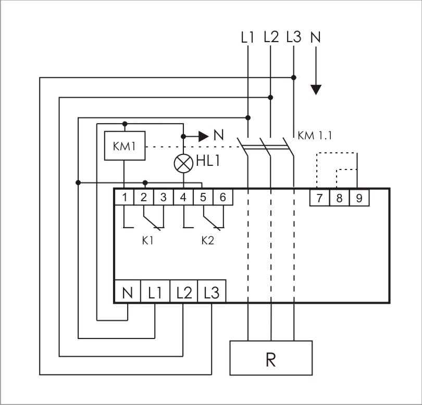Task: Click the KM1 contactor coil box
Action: pyautogui.click(x=125, y=146)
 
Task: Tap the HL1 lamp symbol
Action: pyautogui.click(x=183, y=164)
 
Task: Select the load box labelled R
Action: pyautogui.click(x=271, y=358)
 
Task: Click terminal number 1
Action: pyautogui.click(x=125, y=198)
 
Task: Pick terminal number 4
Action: pyautogui.click(x=183, y=198)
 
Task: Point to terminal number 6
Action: pyautogui.click(x=223, y=198)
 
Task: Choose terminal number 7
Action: pyautogui.click(x=319, y=198)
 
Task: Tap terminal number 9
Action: pyautogui.click(x=359, y=198)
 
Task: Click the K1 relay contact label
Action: pyautogui.click(x=148, y=241)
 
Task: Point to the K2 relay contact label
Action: pyautogui.click(x=208, y=241)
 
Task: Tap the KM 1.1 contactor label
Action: pyautogui.click(x=315, y=136)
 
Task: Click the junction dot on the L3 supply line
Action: pyautogui.click(x=294, y=77)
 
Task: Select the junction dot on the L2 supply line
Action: pyautogui.click(x=270, y=97)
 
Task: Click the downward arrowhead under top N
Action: pyautogui.click(x=316, y=90)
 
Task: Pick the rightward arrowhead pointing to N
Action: pyautogui.click(x=204, y=136)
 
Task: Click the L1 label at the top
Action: pyautogui.click(x=247, y=37)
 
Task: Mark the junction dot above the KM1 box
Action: pyautogui.click(x=125, y=124)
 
